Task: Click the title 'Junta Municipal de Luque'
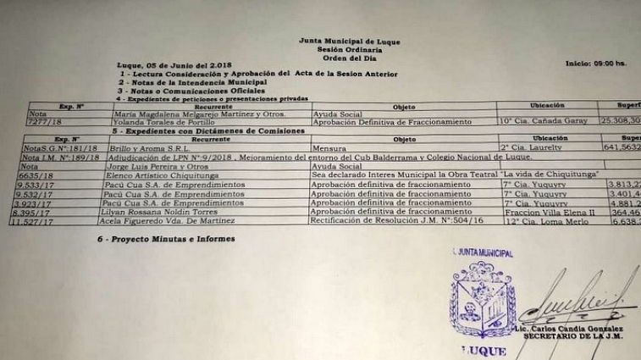pyautogui.click(x=349, y=41)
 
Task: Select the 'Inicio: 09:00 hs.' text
pyautogui.click(x=596, y=64)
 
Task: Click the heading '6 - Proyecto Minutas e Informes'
pyautogui.click(x=165, y=240)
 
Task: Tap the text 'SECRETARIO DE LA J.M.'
pyautogui.click(x=569, y=337)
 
